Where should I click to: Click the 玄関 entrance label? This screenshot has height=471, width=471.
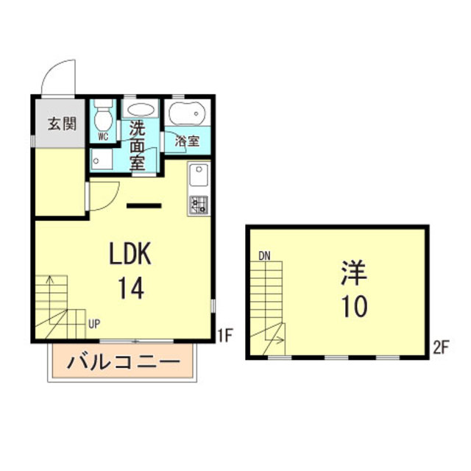63,123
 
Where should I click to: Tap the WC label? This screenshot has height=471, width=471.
103,136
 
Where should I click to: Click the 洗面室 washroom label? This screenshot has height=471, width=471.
138,145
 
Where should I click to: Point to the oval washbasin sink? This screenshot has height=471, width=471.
141,110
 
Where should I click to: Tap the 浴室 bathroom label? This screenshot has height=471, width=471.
187,140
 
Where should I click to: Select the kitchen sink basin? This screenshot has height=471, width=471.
199,176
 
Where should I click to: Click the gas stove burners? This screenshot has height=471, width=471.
199,204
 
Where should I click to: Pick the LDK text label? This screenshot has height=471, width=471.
130,254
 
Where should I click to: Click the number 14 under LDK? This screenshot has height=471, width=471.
130,287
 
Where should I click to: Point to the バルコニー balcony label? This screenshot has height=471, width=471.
124,362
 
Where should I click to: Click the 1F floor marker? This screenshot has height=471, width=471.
225,337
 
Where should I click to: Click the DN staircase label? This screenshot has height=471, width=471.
265,256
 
